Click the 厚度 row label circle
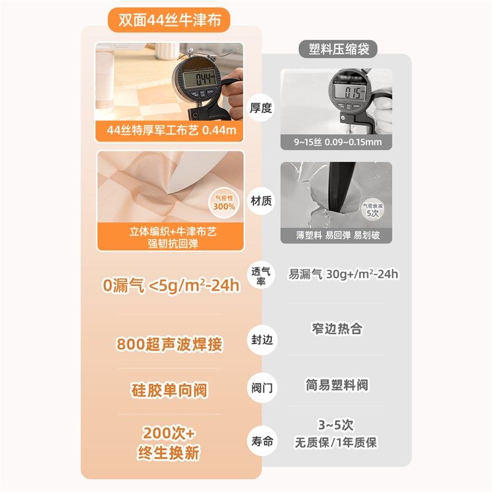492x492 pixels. click(x=260, y=108)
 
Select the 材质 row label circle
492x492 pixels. click(x=260, y=200)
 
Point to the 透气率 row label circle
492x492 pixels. click(x=260, y=275)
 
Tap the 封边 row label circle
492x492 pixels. click(x=260, y=339)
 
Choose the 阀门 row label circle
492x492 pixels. click(x=260, y=389)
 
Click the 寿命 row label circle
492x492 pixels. click(x=260, y=440)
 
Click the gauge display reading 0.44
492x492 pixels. click(x=199, y=78)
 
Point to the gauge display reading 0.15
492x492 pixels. click(x=351, y=93)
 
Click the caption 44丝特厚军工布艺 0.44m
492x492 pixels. click(x=170, y=131)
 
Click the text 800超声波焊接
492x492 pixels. click(x=169, y=344)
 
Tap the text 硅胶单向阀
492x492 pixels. click(x=169, y=391)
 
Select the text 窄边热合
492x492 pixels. click(x=336, y=328)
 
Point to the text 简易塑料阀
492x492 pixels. click(x=336, y=386)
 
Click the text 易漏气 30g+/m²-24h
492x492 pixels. click(x=344, y=274)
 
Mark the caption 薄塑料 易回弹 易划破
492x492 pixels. click(x=336, y=235)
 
